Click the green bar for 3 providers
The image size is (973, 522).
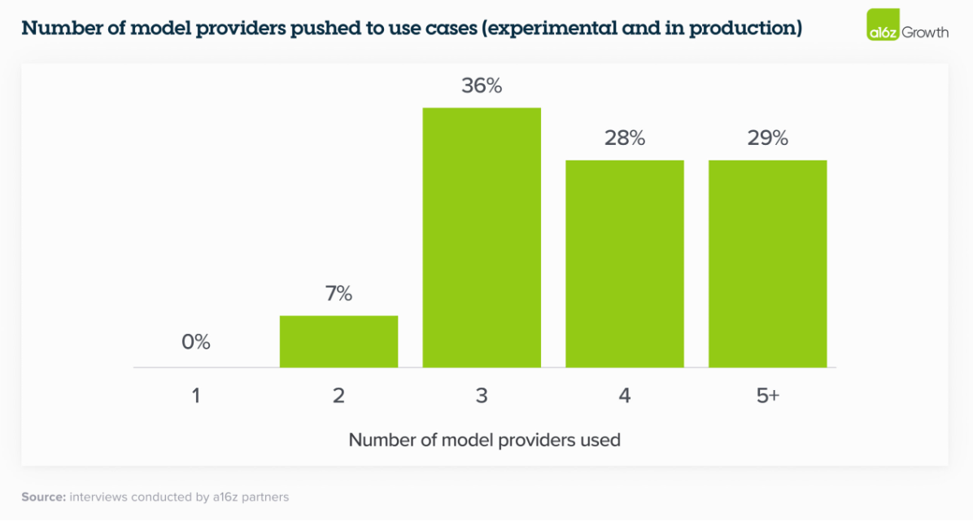click(x=482, y=237)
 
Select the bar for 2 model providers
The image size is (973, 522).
click(x=338, y=341)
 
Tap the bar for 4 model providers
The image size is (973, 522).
click(x=625, y=263)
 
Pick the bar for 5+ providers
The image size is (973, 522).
click(x=768, y=263)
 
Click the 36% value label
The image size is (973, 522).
click(x=482, y=86)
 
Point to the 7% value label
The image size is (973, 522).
click(x=338, y=294)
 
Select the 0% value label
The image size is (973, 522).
click(x=196, y=342)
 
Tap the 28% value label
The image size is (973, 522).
click(x=625, y=138)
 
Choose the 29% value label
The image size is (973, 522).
click(x=768, y=138)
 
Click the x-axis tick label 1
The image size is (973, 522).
click(x=196, y=397)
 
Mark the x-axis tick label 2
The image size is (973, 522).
click(x=338, y=397)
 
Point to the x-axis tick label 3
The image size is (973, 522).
click(x=482, y=397)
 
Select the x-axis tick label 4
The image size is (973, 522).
click(x=625, y=397)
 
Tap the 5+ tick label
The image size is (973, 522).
click(x=768, y=397)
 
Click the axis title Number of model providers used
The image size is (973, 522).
click(x=484, y=440)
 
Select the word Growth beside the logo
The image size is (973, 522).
click(x=924, y=33)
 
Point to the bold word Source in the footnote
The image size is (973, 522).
click(x=42, y=496)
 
